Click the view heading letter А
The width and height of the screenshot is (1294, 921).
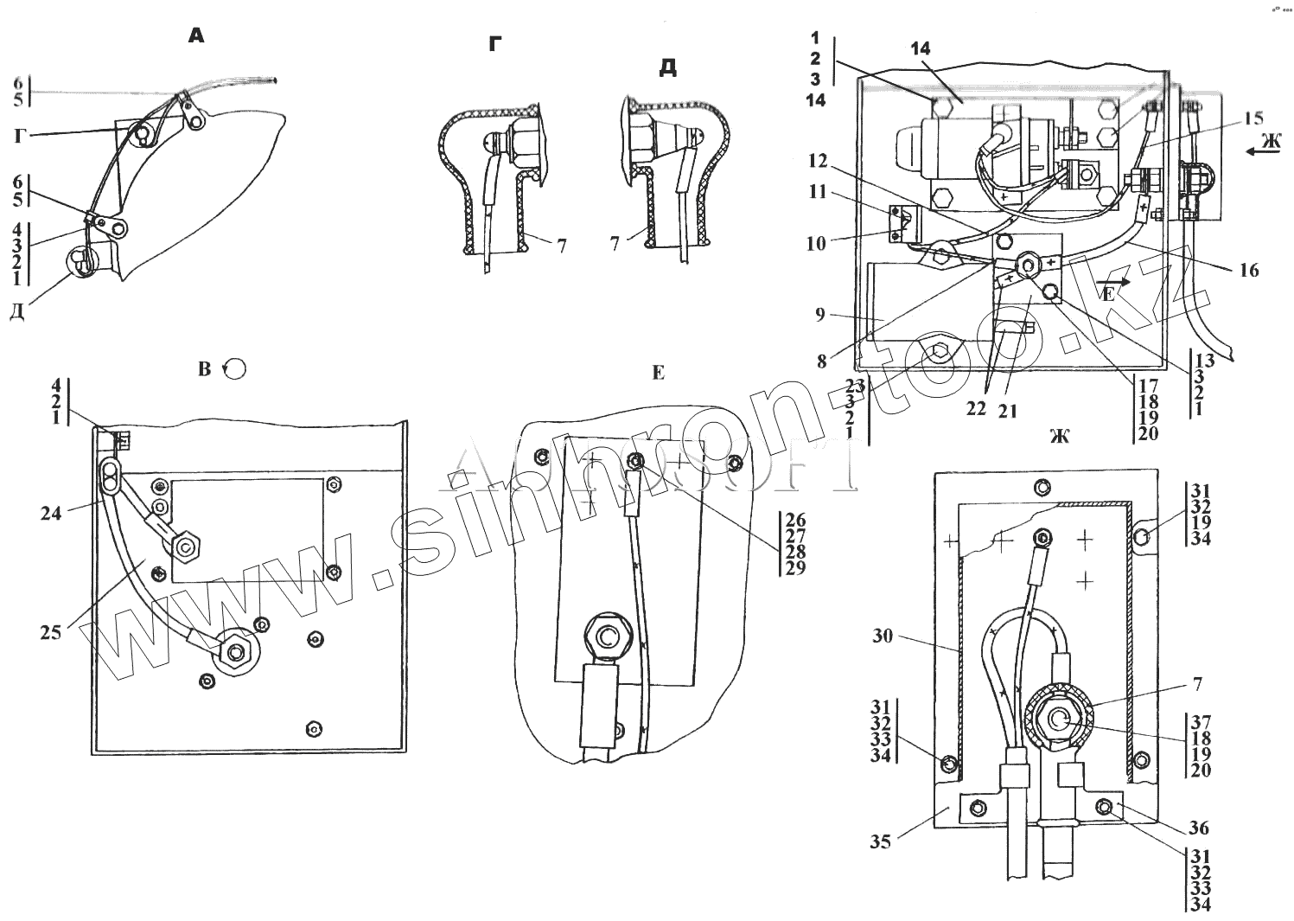tap(196, 36)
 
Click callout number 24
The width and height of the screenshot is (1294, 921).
tap(51, 512)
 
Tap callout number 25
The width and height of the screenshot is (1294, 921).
tap(51, 632)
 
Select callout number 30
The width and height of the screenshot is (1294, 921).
tap(882, 636)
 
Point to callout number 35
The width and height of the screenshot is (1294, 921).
tap(880, 840)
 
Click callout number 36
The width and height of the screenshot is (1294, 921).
tap(1198, 828)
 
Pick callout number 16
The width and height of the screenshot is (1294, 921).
tap(1248, 271)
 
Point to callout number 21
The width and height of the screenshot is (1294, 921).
tap(1008, 412)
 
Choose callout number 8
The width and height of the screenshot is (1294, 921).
tap(822, 362)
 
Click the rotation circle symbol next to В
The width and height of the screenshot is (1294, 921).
tap(234, 369)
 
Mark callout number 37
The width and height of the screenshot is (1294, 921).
tap(1200, 722)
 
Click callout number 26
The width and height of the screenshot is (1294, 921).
tap(795, 520)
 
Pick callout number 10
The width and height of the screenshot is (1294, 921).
tap(817, 243)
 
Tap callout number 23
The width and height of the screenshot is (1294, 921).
tap(855, 386)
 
